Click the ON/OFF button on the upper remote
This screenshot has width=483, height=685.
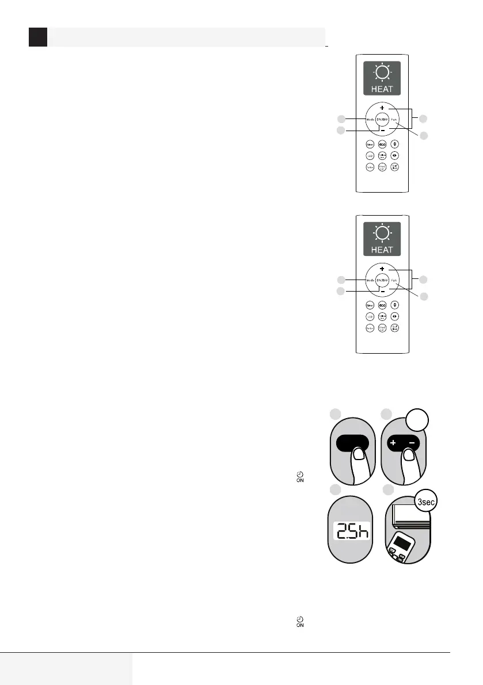coord(381,119)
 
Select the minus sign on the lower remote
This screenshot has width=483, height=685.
coord(382,291)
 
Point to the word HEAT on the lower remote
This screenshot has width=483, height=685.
coord(382,250)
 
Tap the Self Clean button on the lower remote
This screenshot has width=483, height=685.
coord(395,328)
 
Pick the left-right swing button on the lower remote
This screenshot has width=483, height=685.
coord(395,316)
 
